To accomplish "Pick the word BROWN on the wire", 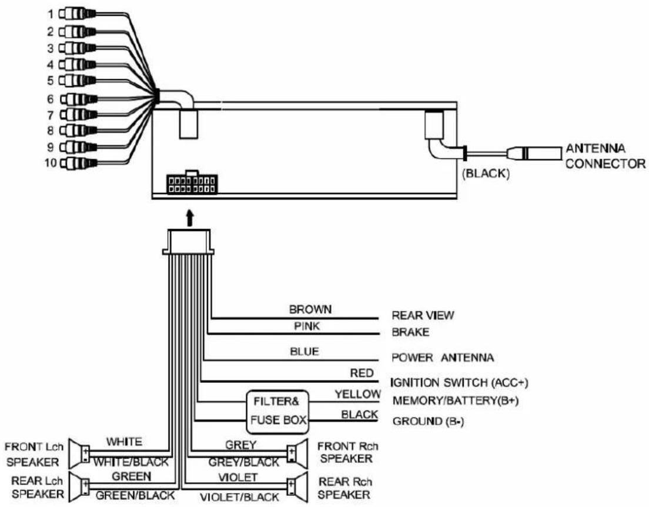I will tap(310, 308).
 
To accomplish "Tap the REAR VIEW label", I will tap(423, 315).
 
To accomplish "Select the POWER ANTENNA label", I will tap(443, 358).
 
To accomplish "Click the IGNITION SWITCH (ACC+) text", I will tap(459, 383).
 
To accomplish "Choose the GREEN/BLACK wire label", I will tap(135, 495).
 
